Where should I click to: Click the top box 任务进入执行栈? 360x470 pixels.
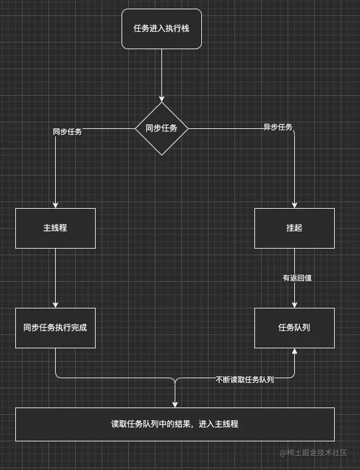pos(161,29)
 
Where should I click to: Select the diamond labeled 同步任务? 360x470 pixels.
pos(161,128)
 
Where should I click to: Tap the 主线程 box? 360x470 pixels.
pos(55,228)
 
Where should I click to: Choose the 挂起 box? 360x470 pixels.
pos(294,228)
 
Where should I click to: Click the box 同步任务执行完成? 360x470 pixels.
pos(55,328)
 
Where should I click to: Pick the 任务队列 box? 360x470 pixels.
pos(294,328)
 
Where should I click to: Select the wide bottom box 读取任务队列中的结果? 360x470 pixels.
pos(175,423)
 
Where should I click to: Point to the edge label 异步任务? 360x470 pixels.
pos(278,127)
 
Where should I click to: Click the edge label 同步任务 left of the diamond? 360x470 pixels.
pos(67,132)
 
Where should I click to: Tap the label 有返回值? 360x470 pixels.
pos(297,278)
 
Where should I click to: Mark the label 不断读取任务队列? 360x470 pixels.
pos(244,379)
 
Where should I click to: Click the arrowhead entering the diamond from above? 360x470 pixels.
pos(161,99)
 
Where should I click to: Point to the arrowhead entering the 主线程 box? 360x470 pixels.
pos(55,205)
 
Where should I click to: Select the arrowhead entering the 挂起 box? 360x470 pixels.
pos(294,205)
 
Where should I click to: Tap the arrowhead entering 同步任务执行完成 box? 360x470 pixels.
pos(55,304)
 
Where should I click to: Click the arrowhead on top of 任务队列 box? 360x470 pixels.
pos(294,304)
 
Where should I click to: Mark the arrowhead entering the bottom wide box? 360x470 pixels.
pos(175,404)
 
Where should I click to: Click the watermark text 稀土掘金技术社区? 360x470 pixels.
pos(317,453)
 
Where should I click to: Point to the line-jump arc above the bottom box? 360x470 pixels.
pos(175,380)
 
